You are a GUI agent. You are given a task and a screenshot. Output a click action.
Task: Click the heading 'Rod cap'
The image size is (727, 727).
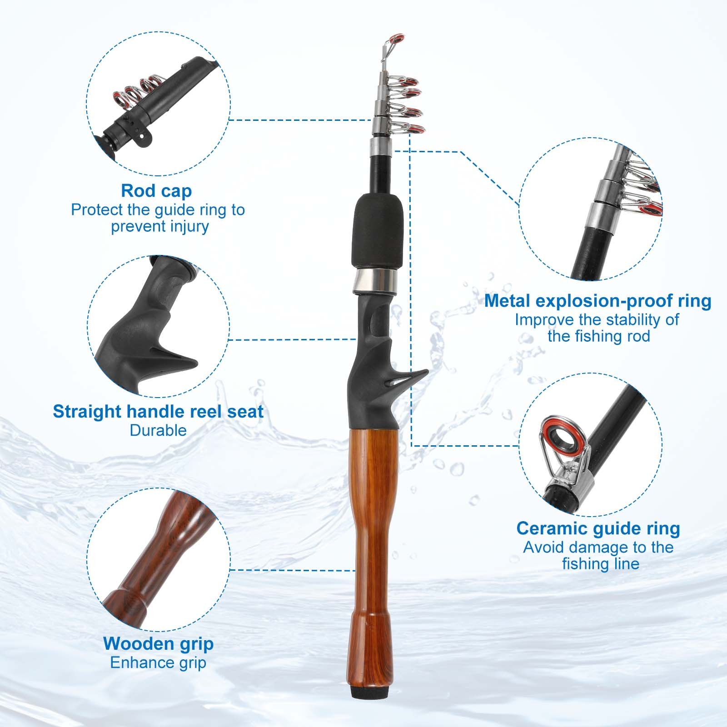pos(156,191)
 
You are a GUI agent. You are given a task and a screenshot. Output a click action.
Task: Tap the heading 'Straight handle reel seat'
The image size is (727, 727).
pos(158,411)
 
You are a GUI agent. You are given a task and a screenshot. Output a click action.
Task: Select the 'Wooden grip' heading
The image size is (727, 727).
pos(158,644)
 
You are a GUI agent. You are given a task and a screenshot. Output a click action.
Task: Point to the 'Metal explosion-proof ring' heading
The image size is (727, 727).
pos(598,301)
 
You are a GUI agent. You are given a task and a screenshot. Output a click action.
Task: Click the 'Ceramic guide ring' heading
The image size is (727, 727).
pos(598,528)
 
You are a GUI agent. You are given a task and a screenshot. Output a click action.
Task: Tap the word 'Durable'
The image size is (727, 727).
pos(158,430)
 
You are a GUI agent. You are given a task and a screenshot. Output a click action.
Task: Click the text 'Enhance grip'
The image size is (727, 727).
pos(158,663)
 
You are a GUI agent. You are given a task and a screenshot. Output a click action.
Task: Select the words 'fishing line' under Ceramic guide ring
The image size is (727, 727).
pos(601,564)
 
